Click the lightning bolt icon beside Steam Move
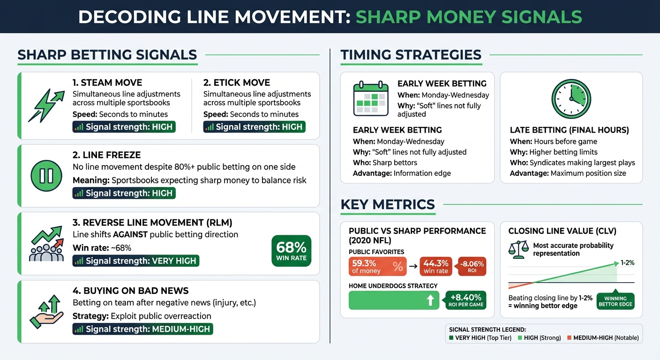(46, 105)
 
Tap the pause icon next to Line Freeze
(46, 176)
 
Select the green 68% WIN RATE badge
(291, 251)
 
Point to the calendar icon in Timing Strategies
(371, 98)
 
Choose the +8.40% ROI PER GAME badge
(463, 300)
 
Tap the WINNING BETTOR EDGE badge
(615, 301)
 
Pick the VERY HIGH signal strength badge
(136, 261)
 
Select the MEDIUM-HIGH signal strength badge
(142, 329)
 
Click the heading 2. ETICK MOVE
(237, 82)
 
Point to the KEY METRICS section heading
(388, 204)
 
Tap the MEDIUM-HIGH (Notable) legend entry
(603, 337)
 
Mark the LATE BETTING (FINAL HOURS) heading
(570, 130)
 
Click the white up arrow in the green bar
(430, 300)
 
